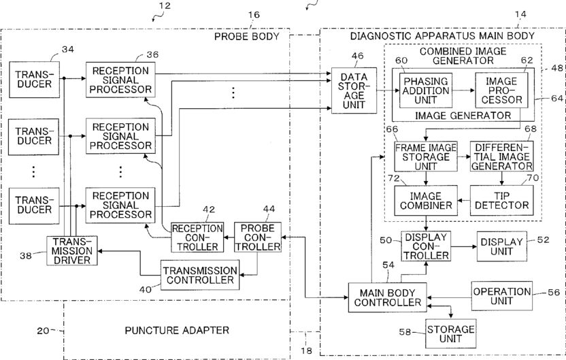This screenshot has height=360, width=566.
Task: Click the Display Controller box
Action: (x=425, y=246)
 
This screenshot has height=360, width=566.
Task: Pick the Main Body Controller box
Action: (x=387, y=297)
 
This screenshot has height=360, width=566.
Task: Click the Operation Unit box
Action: (x=501, y=297)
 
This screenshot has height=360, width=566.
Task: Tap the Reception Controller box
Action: (x=197, y=236)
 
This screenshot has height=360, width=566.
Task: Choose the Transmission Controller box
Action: (x=199, y=275)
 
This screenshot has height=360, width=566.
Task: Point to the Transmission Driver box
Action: (x=71, y=250)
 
